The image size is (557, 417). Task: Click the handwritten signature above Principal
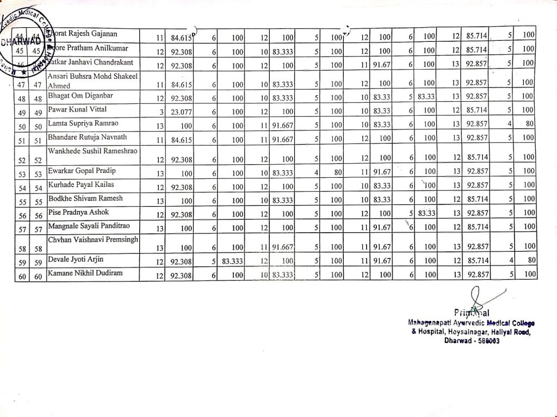pos(476,298)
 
